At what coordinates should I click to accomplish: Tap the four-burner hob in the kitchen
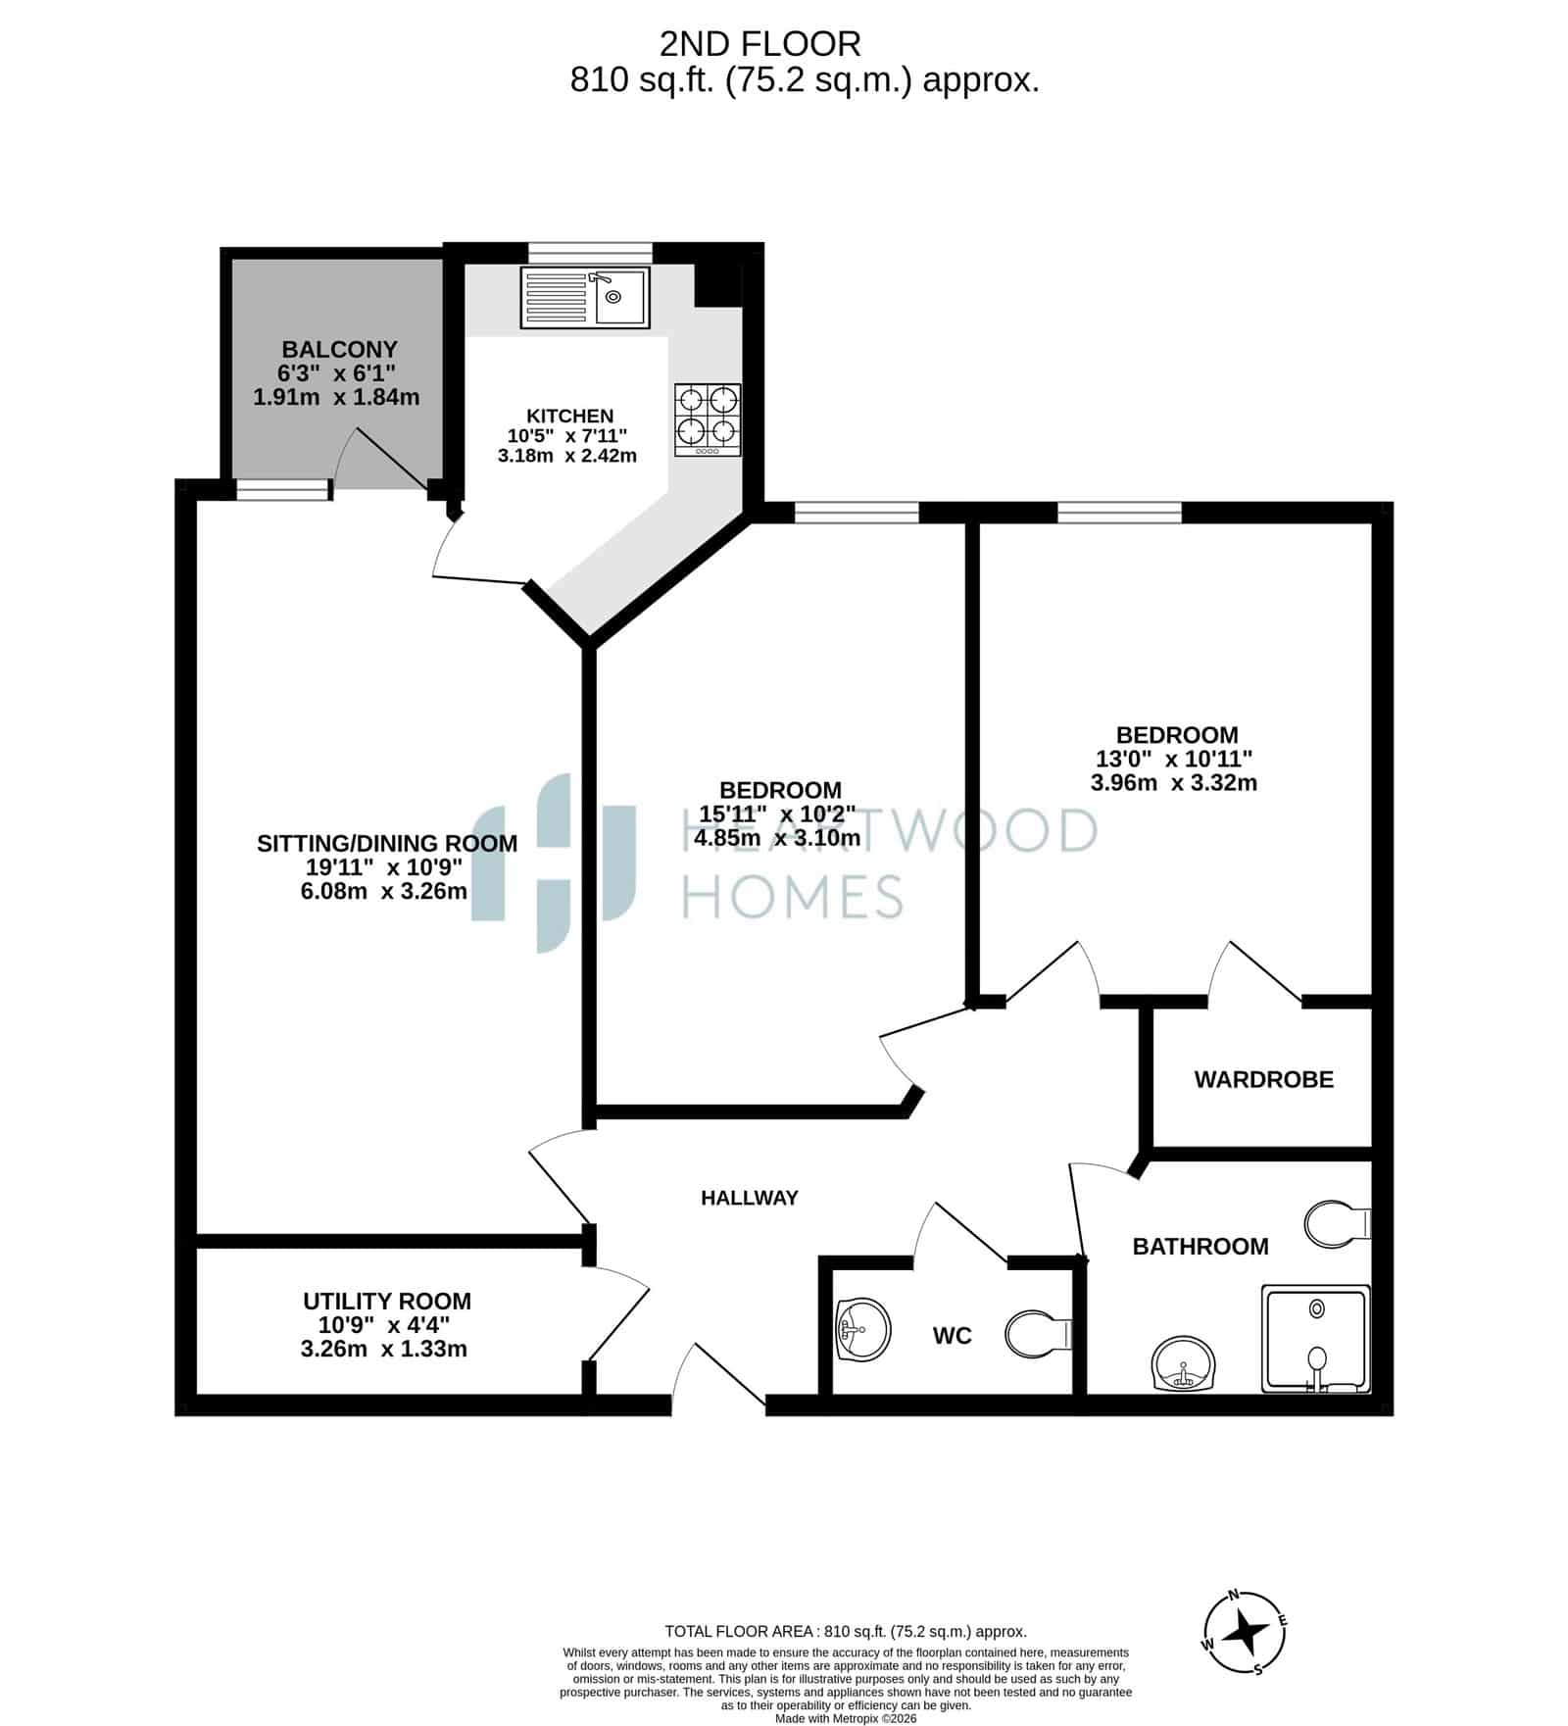pyautogui.click(x=708, y=419)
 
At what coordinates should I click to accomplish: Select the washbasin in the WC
pyautogui.click(x=863, y=1330)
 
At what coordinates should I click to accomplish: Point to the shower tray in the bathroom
pyautogui.click(x=1315, y=1338)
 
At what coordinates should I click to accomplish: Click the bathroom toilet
pyautogui.click(x=1338, y=1224)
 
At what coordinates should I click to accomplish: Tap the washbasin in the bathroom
pyautogui.click(x=1185, y=1363)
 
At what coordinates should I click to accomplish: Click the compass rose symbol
pyautogui.click(x=1245, y=1633)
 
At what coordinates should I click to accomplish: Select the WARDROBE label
pyautogui.click(x=1263, y=1079)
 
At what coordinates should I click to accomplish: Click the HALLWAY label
pyautogui.click(x=750, y=1197)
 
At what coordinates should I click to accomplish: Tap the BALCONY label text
pyautogui.click(x=339, y=349)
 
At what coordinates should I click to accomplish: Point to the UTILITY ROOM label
pyautogui.click(x=387, y=1301)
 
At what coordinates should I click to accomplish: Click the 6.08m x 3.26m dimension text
pyautogui.click(x=384, y=891)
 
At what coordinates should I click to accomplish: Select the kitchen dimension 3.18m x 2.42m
pyautogui.click(x=567, y=456)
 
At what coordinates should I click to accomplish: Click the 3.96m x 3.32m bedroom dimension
pyautogui.click(x=1174, y=782)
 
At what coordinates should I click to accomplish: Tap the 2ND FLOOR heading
pyautogui.click(x=760, y=44)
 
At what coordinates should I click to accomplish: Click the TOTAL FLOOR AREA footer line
pyautogui.click(x=846, y=1631)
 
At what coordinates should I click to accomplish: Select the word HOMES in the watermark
pyautogui.click(x=793, y=896)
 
